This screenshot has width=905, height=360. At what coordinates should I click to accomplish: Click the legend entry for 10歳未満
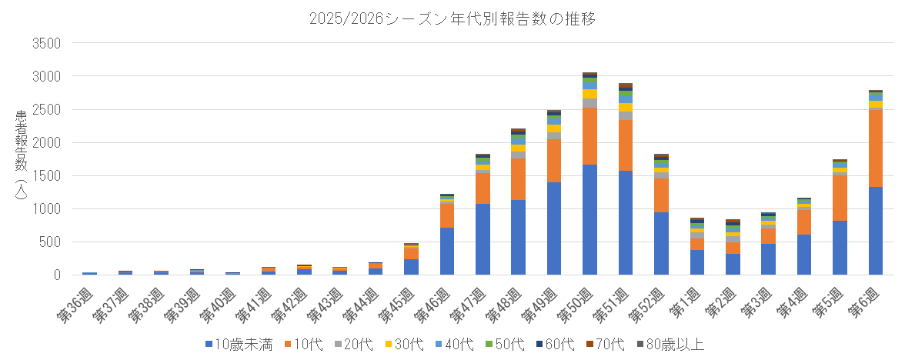[x=239, y=344]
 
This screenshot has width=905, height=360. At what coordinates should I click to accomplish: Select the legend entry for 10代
[x=306, y=344]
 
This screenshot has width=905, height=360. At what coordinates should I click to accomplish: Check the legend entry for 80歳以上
[x=672, y=344]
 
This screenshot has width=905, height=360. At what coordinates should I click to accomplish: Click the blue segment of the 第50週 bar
[x=589, y=219]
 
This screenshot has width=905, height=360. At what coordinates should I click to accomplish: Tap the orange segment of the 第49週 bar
[x=554, y=161]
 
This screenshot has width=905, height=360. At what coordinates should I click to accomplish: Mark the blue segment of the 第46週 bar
[x=447, y=251]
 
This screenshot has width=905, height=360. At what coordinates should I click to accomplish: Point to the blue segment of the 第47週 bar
[x=483, y=239]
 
